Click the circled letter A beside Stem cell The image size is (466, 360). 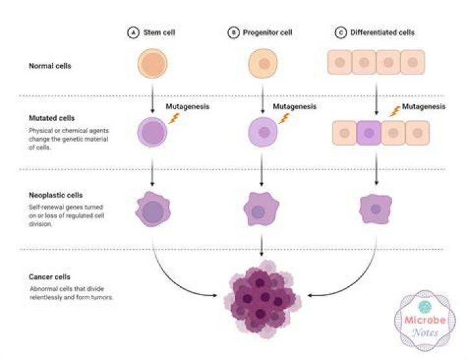(x=133, y=32)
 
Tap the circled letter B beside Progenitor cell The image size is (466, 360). (x=234, y=32)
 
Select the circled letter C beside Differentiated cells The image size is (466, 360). (x=341, y=32)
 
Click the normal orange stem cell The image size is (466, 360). (x=153, y=63)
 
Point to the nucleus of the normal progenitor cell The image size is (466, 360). (x=264, y=63)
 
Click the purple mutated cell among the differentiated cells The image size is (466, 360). (x=368, y=133)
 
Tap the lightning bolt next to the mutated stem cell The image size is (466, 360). (x=175, y=118)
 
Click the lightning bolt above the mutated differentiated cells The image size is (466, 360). (x=395, y=111)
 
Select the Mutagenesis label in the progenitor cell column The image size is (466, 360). (x=294, y=106)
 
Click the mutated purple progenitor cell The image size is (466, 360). (x=263, y=132)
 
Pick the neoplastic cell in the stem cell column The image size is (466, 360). (x=153, y=209)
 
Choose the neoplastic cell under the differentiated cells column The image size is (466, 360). (x=375, y=209)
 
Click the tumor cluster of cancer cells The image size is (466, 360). (x=262, y=300)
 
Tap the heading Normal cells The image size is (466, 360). (x=50, y=66)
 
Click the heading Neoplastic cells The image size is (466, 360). (x=56, y=196)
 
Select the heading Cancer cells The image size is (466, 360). (x=49, y=277)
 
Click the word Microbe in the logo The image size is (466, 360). (x=425, y=320)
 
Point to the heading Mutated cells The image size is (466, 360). (x=51, y=118)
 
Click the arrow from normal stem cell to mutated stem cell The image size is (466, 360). (x=153, y=98)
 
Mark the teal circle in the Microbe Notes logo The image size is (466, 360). (x=425, y=307)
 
